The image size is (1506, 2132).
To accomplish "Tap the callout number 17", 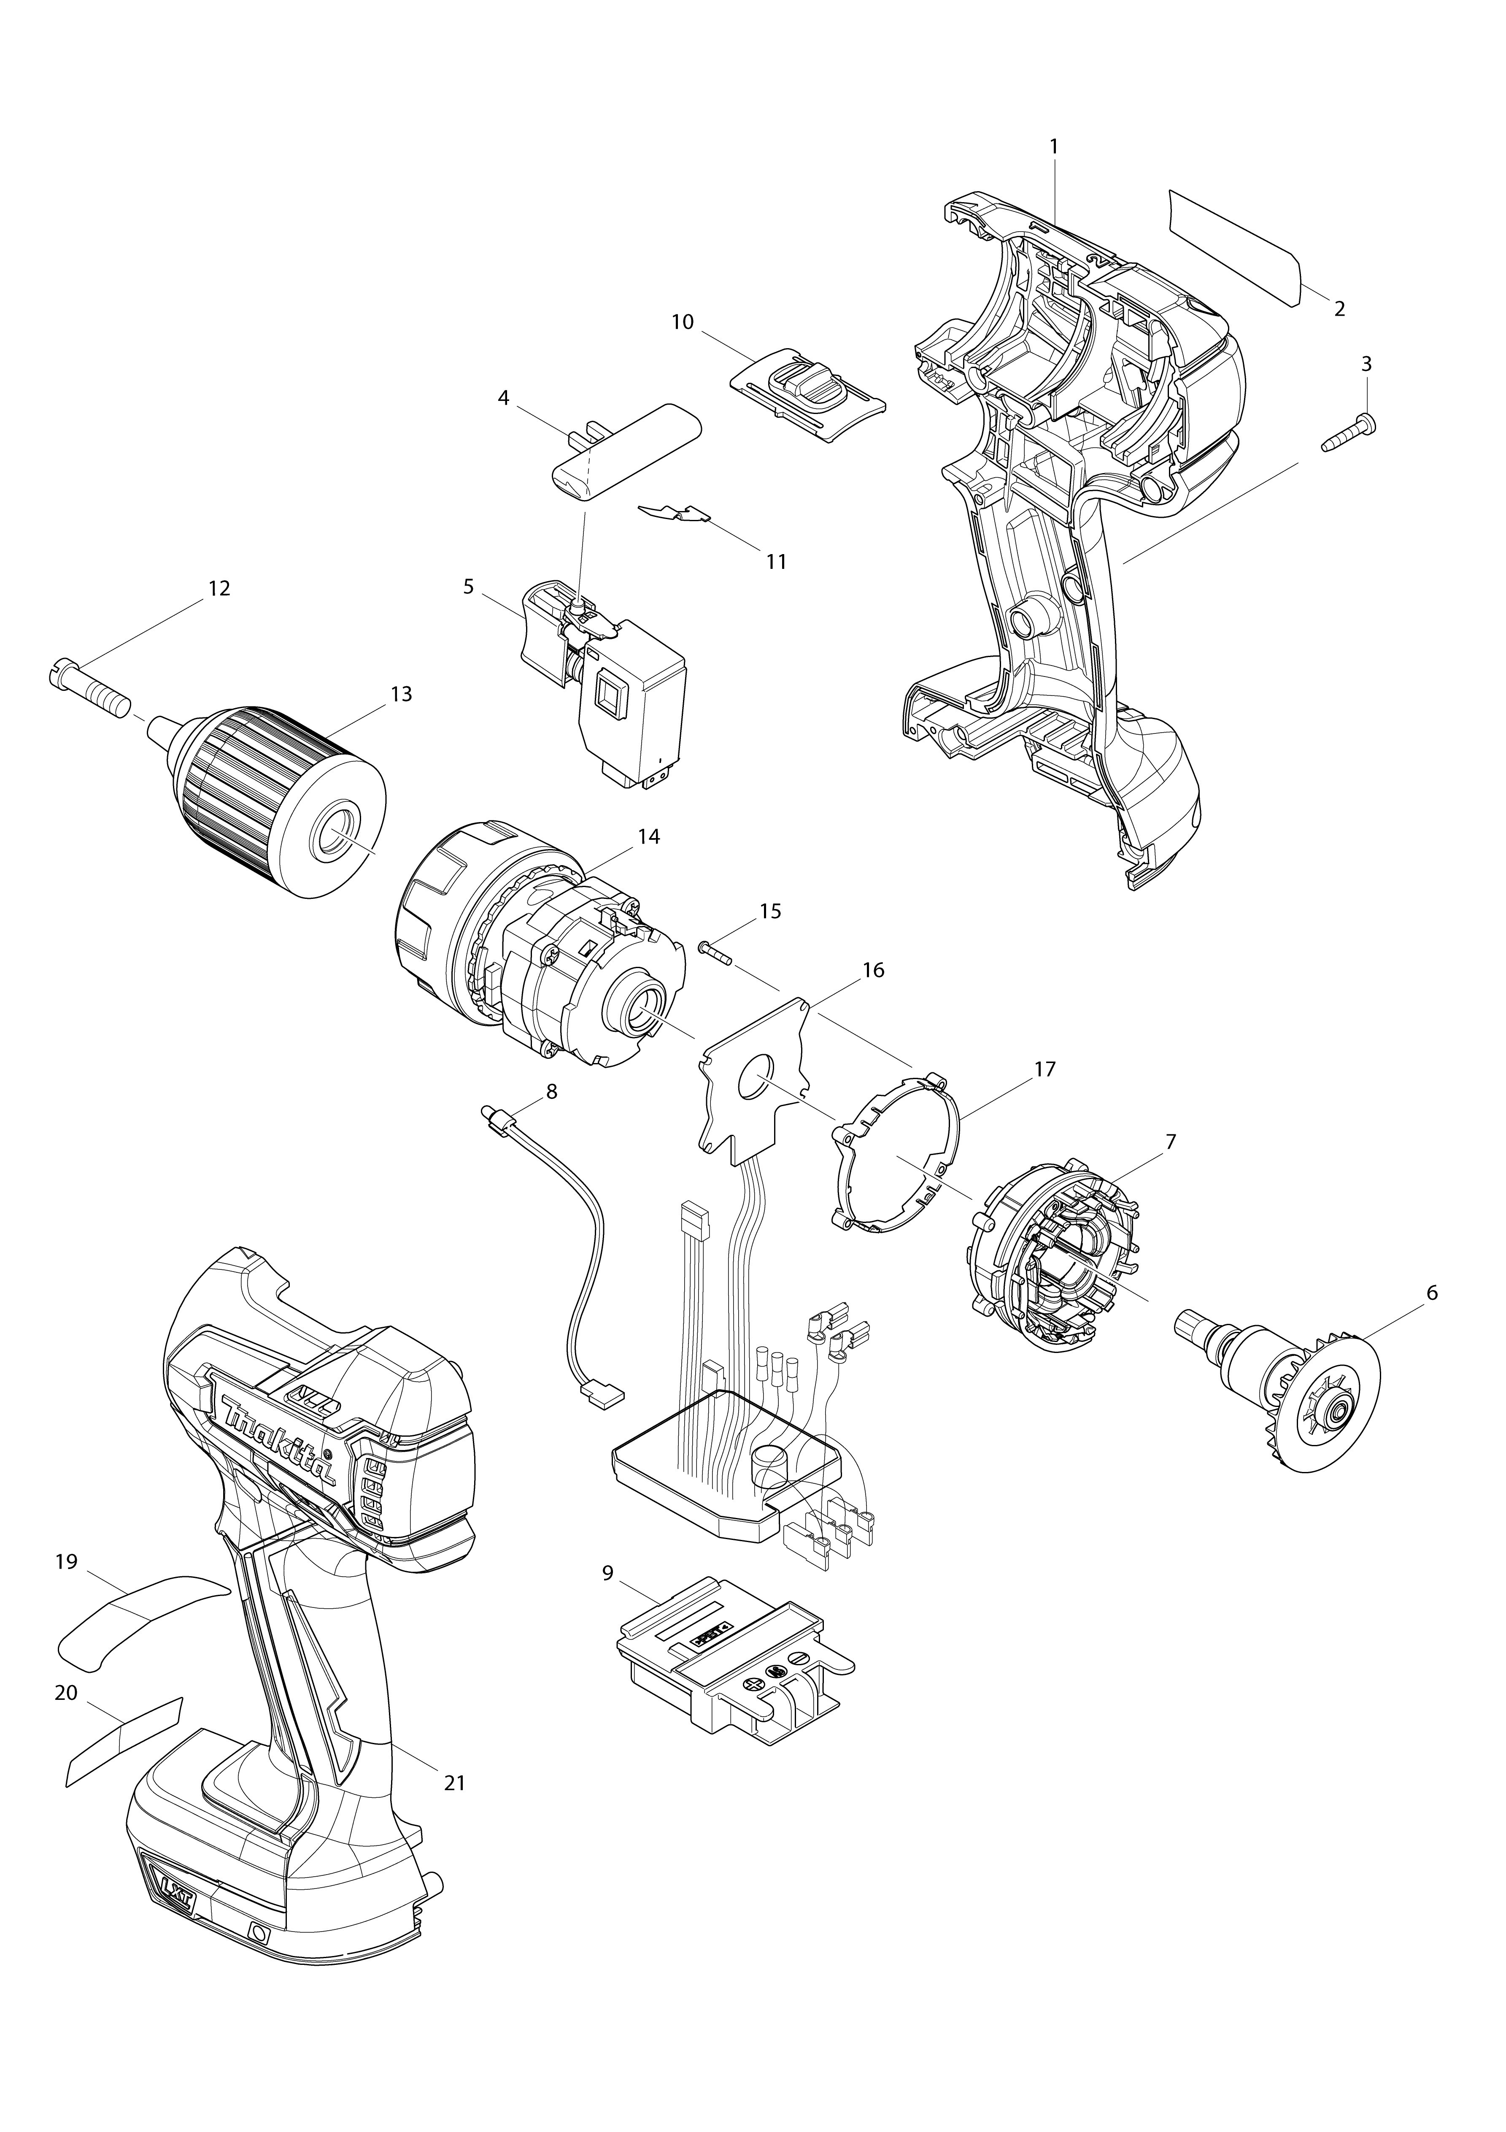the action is point(1044,1070).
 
